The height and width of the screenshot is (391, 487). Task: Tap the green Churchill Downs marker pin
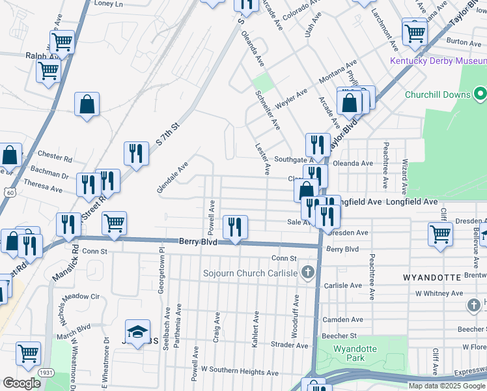[x=480, y=94]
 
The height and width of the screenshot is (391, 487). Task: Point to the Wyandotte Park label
[x=355, y=353]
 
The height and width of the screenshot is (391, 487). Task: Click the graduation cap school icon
[x=138, y=332]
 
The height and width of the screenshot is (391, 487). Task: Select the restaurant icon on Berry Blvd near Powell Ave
[x=235, y=227]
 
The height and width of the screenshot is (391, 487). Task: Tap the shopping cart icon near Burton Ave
[x=415, y=31]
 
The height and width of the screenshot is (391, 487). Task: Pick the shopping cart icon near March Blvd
[x=29, y=354]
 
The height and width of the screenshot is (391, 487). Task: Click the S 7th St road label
[x=167, y=134]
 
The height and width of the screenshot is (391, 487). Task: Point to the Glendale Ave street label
[x=173, y=177]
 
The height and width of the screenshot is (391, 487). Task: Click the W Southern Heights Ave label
[x=240, y=369]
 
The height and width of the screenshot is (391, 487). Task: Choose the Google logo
[x=21, y=383]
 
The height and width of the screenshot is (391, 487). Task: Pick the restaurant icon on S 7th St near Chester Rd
[x=136, y=154]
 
